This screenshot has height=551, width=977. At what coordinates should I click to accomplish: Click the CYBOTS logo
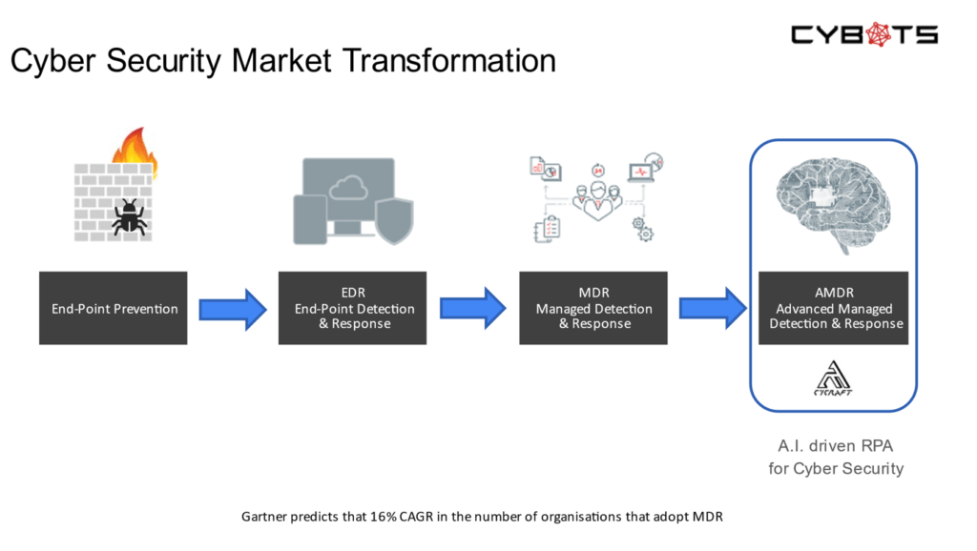(864, 35)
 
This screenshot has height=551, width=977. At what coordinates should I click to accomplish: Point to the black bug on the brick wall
(130, 217)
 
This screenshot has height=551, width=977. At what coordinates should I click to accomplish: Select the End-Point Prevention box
(114, 308)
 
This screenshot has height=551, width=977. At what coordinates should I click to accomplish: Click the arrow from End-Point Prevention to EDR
(233, 309)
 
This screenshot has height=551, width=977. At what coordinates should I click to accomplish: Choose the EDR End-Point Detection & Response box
(353, 308)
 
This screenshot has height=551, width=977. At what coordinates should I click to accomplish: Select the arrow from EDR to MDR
(473, 308)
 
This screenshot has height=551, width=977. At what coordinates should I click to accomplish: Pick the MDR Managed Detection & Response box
(593, 308)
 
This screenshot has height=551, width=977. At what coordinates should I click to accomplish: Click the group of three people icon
(598, 200)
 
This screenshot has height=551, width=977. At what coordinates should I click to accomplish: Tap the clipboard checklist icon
(548, 229)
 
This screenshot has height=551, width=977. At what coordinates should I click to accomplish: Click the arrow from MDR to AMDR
(713, 308)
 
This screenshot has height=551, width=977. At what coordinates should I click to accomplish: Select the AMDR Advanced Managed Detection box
(834, 308)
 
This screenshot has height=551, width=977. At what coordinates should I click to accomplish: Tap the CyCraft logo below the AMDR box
(833, 378)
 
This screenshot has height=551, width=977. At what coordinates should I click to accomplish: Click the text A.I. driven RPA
(835, 446)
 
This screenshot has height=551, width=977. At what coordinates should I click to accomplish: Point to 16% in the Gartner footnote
(384, 517)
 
